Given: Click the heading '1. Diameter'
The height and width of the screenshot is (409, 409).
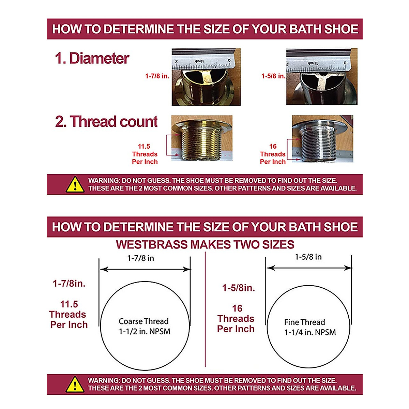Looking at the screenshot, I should [x=92, y=58].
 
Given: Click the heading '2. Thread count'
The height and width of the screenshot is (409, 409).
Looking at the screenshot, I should [x=106, y=122].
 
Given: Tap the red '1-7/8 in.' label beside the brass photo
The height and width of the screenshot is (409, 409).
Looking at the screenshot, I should [x=157, y=76].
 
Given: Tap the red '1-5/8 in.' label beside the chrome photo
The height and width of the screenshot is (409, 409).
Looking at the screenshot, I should [x=273, y=76].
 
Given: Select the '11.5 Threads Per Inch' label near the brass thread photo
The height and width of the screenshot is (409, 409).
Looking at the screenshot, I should [x=145, y=154].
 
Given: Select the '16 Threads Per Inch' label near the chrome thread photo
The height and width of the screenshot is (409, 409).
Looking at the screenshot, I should [x=273, y=154].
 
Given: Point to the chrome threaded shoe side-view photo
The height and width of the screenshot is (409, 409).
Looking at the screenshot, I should [x=322, y=139].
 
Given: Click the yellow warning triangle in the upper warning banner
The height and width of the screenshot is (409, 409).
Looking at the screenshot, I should [x=75, y=184].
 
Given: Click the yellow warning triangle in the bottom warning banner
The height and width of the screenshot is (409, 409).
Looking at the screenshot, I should [x=75, y=384].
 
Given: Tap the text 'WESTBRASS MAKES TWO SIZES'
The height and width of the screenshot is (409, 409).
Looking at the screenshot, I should [x=205, y=245].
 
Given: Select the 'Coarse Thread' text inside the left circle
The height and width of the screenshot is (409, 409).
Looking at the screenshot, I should [x=143, y=321].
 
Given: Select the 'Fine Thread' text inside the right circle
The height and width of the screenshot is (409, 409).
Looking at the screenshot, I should [x=305, y=322].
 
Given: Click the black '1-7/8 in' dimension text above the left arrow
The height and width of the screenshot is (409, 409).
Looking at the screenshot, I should [x=140, y=258].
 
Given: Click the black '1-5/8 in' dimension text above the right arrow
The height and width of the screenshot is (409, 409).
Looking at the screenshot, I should [x=308, y=257].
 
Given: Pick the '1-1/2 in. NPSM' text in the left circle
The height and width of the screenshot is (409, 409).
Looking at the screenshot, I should [x=145, y=331].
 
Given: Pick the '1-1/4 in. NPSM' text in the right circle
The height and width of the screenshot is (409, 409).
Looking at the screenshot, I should [x=310, y=332].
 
